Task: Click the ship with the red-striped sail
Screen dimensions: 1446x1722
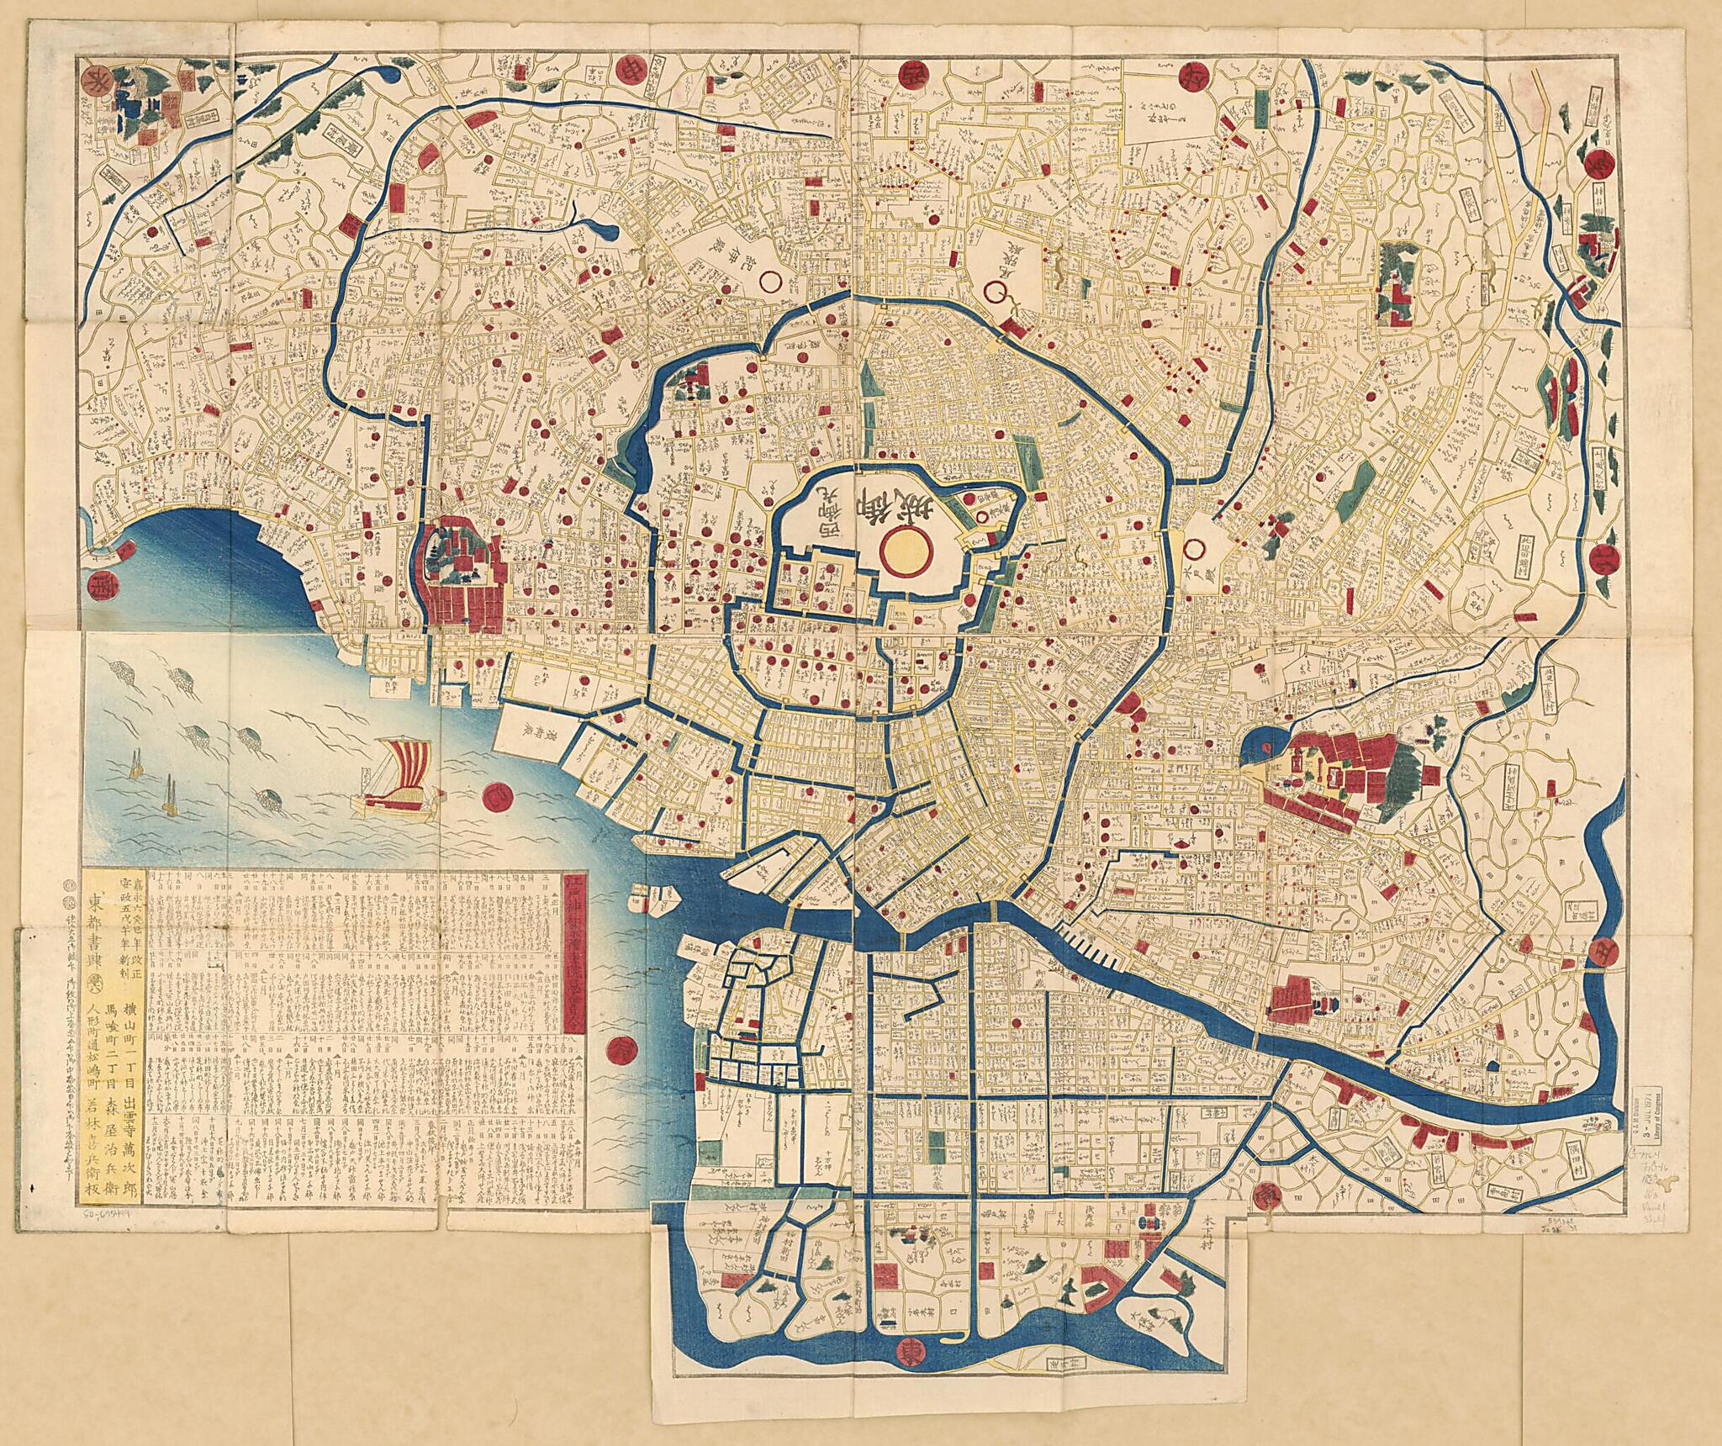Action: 402,778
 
